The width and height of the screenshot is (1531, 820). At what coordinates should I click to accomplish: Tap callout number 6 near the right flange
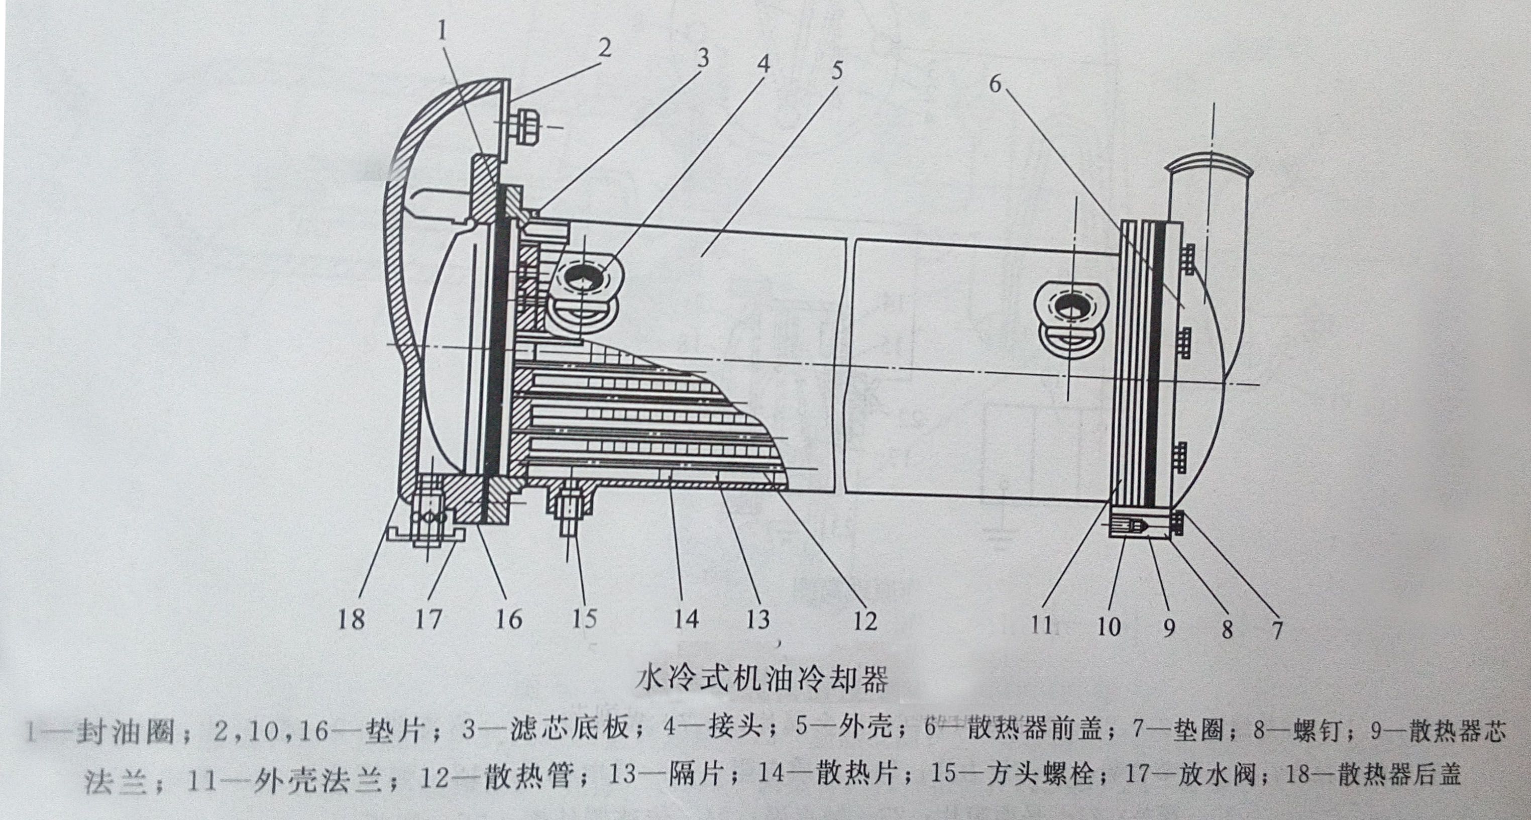(995, 85)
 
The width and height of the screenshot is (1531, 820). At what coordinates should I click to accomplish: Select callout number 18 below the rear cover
(351, 619)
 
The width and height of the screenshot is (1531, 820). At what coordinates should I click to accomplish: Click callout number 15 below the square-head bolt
(584, 619)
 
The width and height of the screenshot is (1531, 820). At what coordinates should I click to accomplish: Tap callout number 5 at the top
(837, 71)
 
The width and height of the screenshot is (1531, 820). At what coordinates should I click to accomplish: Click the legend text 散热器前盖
(1042, 730)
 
